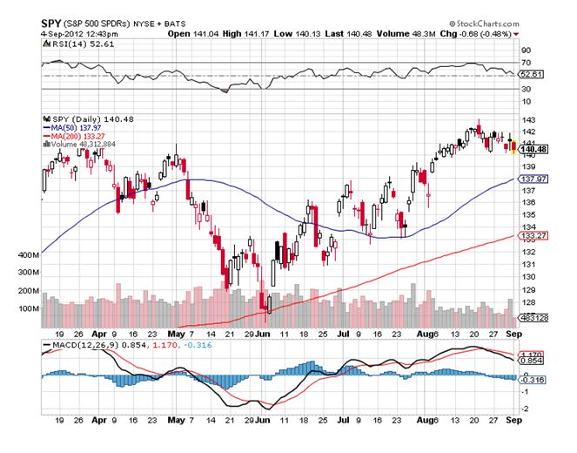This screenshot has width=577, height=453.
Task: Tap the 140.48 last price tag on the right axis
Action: [532, 149]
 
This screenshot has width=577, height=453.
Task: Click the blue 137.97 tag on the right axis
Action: [531, 179]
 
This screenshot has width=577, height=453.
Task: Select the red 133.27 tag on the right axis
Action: [531, 235]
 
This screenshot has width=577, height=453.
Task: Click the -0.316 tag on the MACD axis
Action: [531, 380]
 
